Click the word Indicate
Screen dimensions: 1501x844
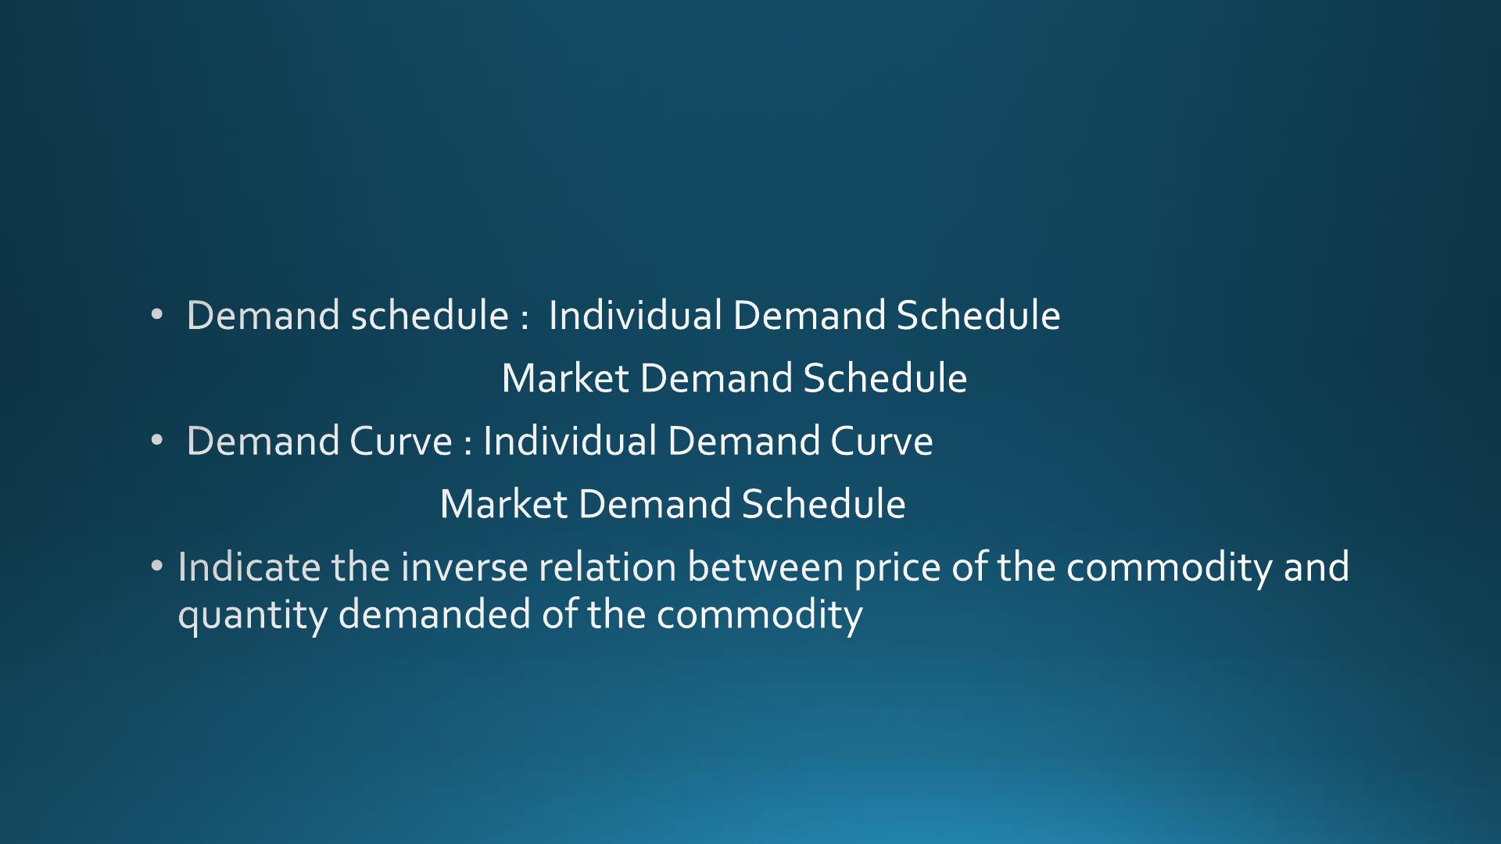(249, 567)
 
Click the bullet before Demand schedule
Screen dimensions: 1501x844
(157, 315)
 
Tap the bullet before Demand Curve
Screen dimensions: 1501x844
(157, 441)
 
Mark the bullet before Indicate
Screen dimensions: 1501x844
(157, 565)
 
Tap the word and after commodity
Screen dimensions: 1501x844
(1317, 567)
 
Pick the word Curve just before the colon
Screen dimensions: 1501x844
(401, 441)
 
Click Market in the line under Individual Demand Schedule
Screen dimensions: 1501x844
(565, 378)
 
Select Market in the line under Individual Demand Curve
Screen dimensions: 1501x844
(503, 504)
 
